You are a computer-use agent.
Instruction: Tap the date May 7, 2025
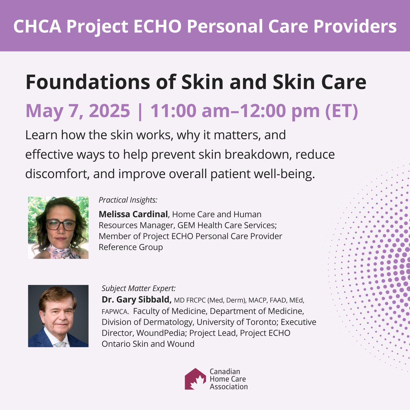[x=78, y=111]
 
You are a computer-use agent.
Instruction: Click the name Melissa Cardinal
[x=133, y=215]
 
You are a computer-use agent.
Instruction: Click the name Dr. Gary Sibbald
[x=136, y=300]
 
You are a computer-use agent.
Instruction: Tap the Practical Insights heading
[x=128, y=200]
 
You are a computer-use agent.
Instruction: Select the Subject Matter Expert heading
[x=139, y=288]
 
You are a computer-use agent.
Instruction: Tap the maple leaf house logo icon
[x=195, y=379]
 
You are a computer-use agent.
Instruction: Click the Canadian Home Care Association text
[x=229, y=379]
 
